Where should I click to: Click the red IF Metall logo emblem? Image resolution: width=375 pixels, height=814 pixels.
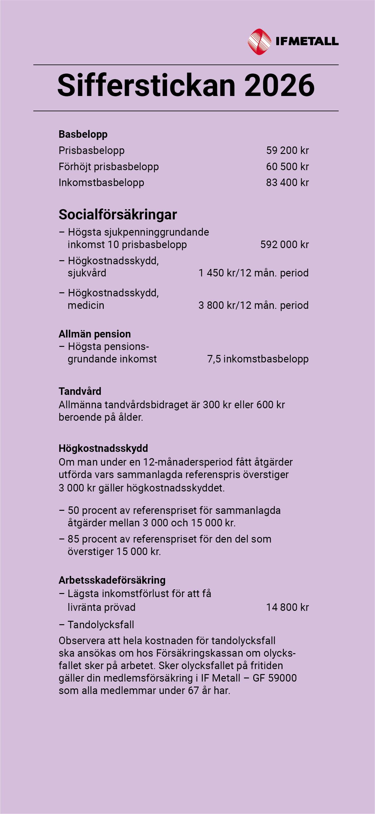pyautogui.click(x=259, y=42)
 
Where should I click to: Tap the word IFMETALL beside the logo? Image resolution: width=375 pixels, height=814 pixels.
pyautogui.click(x=307, y=41)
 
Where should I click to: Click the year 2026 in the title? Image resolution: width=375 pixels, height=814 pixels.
pyautogui.click(x=279, y=85)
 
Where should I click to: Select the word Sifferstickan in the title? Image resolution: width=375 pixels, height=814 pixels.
pyautogui.click(x=147, y=85)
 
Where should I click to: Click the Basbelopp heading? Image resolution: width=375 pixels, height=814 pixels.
pyautogui.click(x=83, y=134)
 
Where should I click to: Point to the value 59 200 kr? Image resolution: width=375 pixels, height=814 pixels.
pyautogui.click(x=287, y=151)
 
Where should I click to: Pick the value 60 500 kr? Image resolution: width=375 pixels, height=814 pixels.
pyautogui.click(x=287, y=166)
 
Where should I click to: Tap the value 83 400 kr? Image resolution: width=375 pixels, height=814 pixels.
pyautogui.click(x=287, y=183)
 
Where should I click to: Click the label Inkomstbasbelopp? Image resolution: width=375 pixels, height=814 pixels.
pyautogui.click(x=102, y=183)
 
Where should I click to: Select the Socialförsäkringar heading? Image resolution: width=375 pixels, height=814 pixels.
pyautogui.click(x=118, y=214)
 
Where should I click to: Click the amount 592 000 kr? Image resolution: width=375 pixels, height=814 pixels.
pyautogui.click(x=284, y=245)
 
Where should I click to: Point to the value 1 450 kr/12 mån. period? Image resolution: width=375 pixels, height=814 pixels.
pyautogui.click(x=253, y=273)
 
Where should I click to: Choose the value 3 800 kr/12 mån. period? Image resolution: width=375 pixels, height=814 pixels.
pyautogui.click(x=253, y=306)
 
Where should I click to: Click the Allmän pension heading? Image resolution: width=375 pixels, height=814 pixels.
pyautogui.click(x=95, y=334)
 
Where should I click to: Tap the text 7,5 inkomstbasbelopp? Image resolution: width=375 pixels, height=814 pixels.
pyautogui.click(x=258, y=359)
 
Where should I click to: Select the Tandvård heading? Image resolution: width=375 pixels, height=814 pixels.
pyautogui.click(x=80, y=391)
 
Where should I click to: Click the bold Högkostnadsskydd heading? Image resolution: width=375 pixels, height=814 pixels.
pyautogui.click(x=103, y=448)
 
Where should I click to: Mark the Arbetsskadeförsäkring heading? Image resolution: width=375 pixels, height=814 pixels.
pyautogui.click(x=112, y=580)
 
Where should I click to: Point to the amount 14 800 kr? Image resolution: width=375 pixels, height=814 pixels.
pyautogui.click(x=287, y=607)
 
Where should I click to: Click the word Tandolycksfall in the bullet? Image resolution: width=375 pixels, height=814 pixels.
pyautogui.click(x=101, y=625)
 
